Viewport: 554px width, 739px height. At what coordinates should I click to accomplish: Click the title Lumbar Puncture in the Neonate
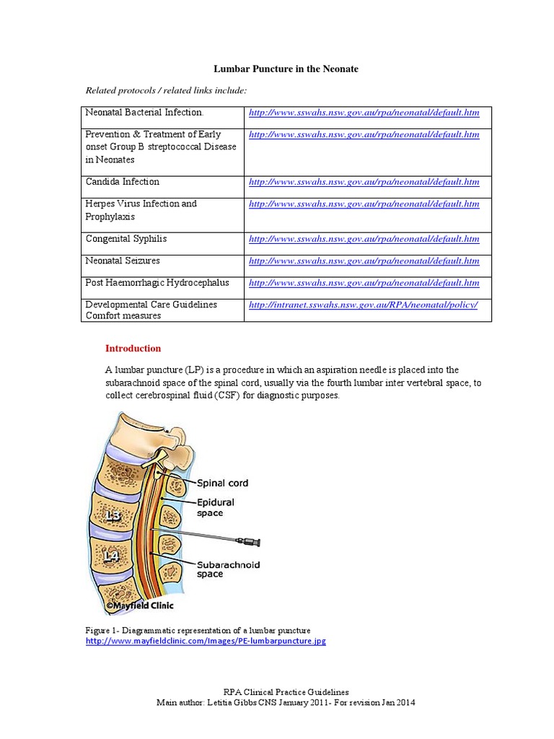(x=286, y=69)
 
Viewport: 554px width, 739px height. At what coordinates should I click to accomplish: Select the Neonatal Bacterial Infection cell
(x=144, y=113)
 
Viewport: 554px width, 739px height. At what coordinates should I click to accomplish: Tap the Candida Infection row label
(x=123, y=182)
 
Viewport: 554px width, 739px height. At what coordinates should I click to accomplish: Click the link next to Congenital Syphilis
(x=364, y=239)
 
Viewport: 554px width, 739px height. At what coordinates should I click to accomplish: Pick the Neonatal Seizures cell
(x=123, y=261)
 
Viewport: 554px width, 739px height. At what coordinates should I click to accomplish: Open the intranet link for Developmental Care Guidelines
(x=363, y=305)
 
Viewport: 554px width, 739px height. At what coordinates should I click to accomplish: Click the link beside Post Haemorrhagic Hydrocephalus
(x=364, y=283)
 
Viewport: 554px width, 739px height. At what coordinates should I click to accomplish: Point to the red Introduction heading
(x=133, y=349)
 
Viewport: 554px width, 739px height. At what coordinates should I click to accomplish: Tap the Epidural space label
(x=215, y=507)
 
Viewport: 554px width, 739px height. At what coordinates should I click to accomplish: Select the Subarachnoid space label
(x=228, y=569)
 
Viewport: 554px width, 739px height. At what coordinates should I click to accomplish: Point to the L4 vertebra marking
(x=112, y=556)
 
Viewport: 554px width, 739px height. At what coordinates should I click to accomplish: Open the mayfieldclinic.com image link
(x=206, y=641)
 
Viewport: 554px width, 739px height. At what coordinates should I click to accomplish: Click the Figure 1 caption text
(x=198, y=630)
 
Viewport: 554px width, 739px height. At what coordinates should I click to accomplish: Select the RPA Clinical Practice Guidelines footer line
(x=286, y=691)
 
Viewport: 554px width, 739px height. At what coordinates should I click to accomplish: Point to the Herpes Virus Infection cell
(x=141, y=210)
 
